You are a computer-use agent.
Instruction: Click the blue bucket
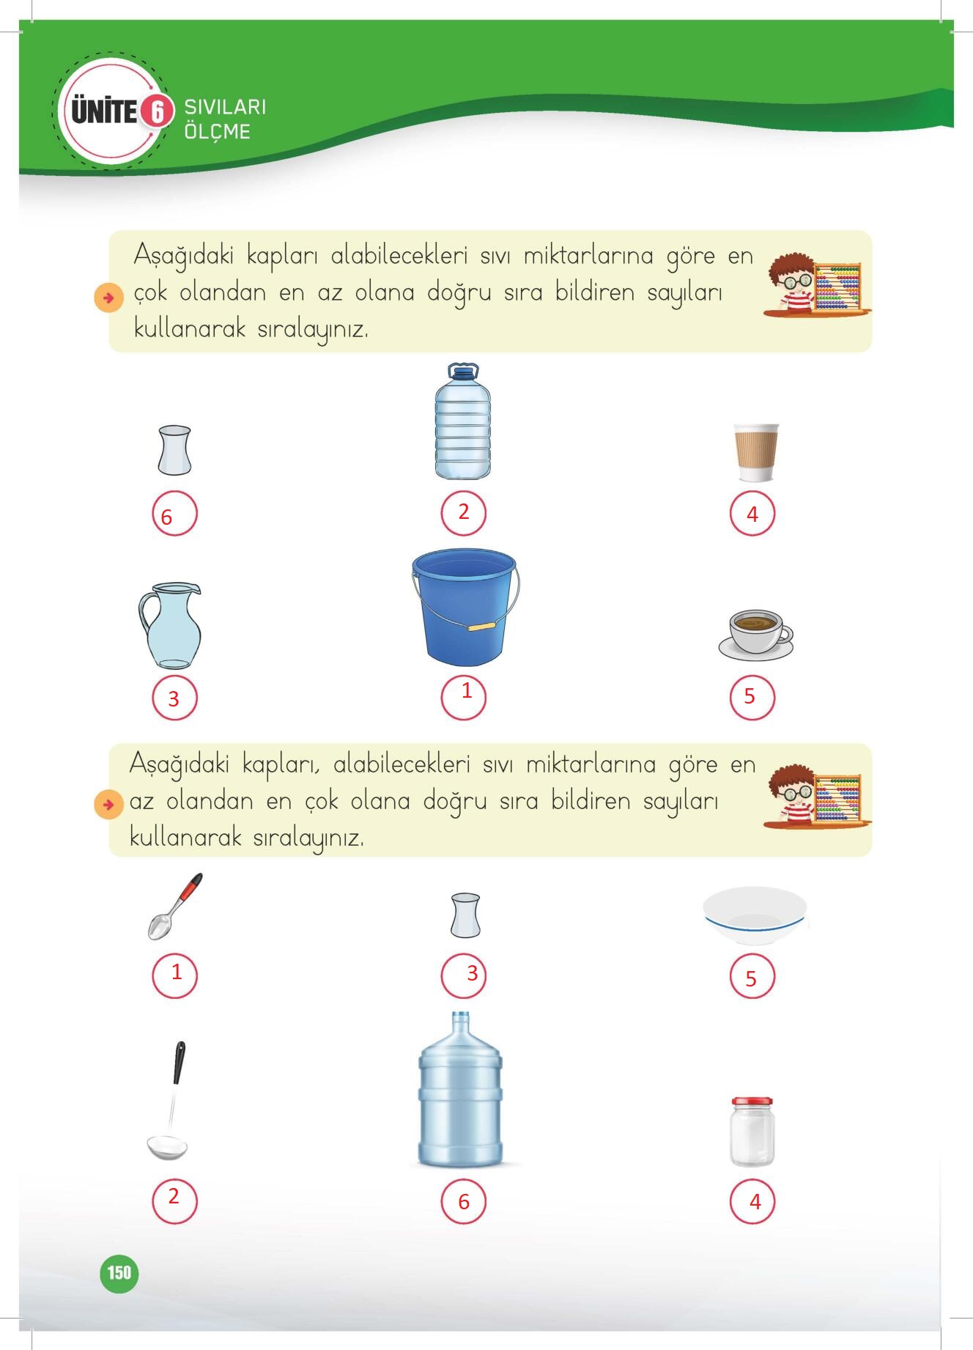pos(464,607)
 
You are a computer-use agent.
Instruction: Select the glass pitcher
pos(170,626)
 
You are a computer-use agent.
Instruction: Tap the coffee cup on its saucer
pos(756,634)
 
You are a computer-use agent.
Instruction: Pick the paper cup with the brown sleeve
pos(756,452)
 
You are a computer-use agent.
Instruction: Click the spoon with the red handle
pos(174,907)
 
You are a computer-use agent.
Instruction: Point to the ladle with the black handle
pos(169,1101)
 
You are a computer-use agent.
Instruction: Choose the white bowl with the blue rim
pos(755,916)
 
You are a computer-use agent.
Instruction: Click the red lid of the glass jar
pos(752,1102)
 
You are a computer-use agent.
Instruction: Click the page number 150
pos(119,1272)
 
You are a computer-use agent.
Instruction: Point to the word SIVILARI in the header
pos(225,107)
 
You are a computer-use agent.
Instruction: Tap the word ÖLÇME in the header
pos(218,132)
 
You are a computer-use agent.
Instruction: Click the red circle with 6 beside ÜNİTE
pos(156,111)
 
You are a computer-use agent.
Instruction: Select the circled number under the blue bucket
pos(463,697)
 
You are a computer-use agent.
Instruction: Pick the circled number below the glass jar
pos(752,1201)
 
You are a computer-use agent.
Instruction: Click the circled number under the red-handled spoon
pos(174,975)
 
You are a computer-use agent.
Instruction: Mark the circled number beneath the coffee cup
pos(752,697)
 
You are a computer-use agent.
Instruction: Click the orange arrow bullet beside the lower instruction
pos(108,805)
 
